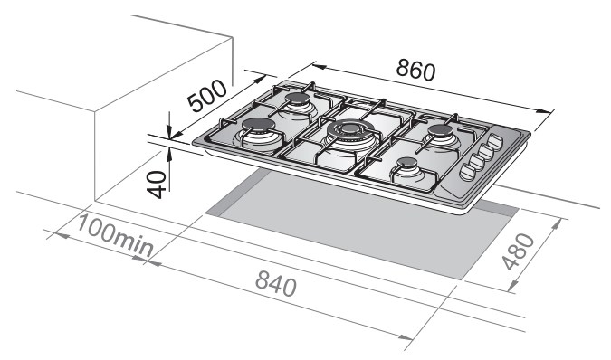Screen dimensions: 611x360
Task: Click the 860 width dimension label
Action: (x=415, y=71)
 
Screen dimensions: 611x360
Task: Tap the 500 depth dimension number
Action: (x=206, y=96)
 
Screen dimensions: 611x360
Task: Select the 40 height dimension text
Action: (x=157, y=185)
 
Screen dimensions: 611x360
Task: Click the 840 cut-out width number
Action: (x=276, y=283)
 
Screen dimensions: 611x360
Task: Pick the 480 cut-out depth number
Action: (x=519, y=251)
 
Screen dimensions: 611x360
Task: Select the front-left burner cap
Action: (x=258, y=125)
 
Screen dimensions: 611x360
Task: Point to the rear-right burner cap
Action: (x=443, y=129)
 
